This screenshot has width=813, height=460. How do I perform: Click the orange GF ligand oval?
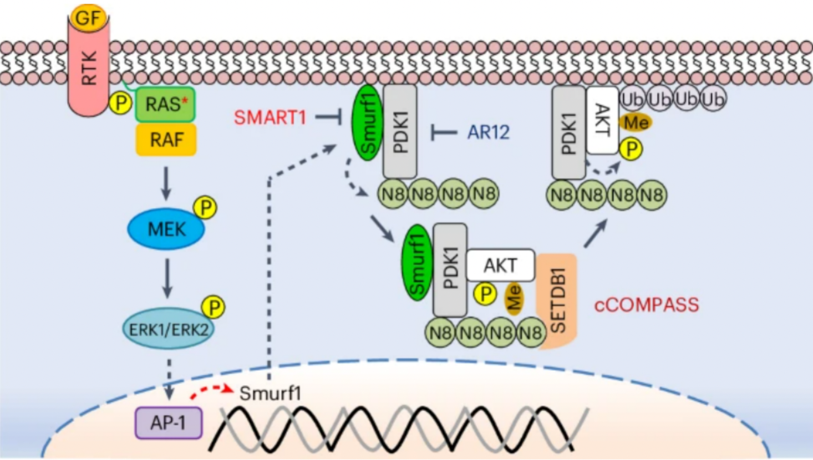tap(89, 17)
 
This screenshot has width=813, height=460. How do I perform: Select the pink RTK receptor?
tap(89, 67)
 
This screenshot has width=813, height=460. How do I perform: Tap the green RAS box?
tap(165, 104)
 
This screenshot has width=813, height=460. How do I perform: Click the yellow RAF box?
tap(166, 140)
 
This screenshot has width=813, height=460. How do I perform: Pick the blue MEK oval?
tap(166, 229)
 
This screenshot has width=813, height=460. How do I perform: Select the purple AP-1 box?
tap(169, 423)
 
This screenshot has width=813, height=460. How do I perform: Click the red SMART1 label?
tap(270, 117)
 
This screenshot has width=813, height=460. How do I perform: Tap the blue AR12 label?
tap(489, 132)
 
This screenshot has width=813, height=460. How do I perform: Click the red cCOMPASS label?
tap(647, 305)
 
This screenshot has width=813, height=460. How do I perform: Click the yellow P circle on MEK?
tap(205, 208)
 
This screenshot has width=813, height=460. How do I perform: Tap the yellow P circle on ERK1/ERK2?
tap(214, 307)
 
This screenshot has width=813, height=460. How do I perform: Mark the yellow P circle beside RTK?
tap(121, 104)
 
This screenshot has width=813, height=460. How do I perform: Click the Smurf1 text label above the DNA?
tap(271, 393)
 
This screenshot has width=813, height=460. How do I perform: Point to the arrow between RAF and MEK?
tap(166, 183)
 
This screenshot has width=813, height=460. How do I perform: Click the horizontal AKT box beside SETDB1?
tap(501, 265)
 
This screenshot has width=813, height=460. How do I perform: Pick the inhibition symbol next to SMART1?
tap(329, 117)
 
